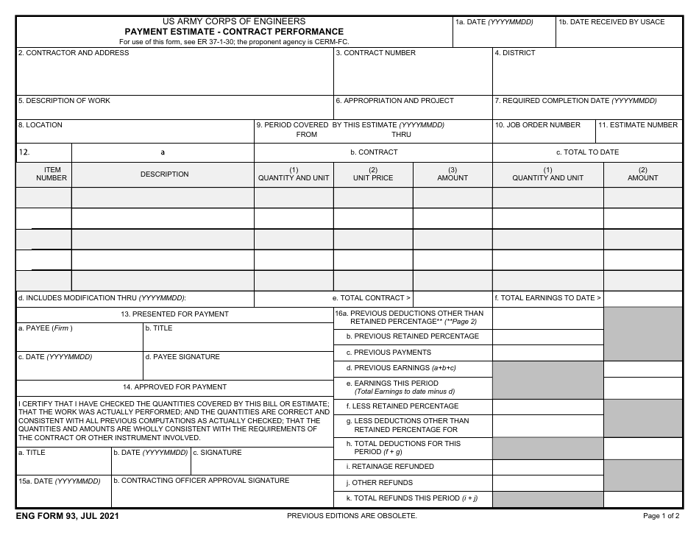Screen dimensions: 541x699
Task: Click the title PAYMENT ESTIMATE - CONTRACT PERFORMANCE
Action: (234, 32)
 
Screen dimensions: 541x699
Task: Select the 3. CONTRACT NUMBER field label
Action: (375, 53)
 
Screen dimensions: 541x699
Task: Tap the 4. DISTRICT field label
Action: (515, 53)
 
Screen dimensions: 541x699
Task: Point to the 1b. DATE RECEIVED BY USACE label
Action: (611, 22)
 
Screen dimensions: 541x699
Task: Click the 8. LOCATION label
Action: (40, 125)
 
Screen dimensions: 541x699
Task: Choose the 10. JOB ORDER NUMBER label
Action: (538, 125)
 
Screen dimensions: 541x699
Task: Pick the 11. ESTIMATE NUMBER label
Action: (638, 125)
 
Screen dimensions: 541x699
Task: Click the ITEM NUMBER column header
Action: (52, 174)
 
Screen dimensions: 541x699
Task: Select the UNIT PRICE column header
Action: (373, 177)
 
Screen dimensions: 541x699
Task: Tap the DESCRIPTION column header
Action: (165, 174)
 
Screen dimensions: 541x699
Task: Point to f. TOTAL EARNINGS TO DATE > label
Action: (547, 298)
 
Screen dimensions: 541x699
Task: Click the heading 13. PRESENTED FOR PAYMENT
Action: (175, 314)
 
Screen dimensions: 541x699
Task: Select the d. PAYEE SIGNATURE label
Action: (182, 357)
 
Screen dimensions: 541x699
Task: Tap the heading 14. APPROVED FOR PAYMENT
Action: (175, 386)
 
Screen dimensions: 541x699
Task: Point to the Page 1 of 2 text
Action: (661, 516)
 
